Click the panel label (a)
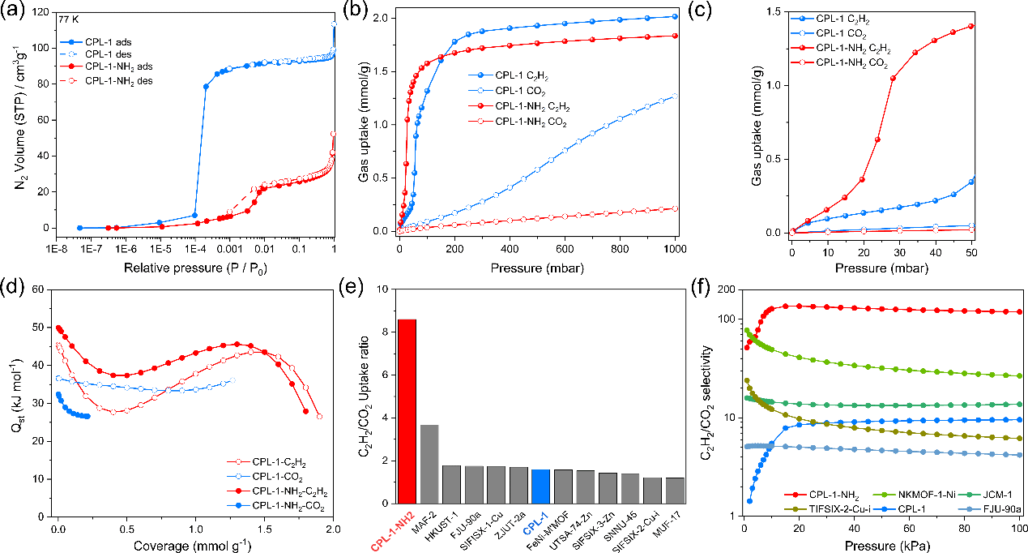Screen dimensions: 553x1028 (16, 11)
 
